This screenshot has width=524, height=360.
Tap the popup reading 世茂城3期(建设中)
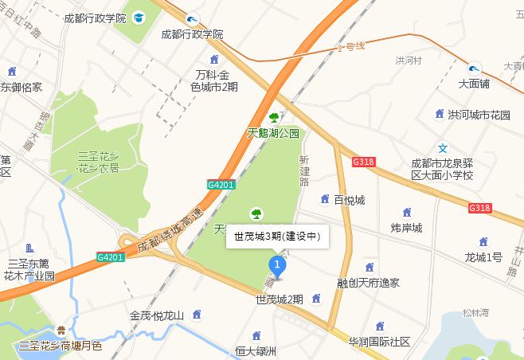[x=277, y=237]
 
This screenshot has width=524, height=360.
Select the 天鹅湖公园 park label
[x=272, y=133]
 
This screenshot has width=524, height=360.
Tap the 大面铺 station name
[x=475, y=82]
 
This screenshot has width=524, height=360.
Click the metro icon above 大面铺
[x=475, y=67]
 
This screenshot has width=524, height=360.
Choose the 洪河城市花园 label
[x=479, y=115]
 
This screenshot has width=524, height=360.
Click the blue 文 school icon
[x=444, y=148]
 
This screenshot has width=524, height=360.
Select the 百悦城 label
[x=349, y=199]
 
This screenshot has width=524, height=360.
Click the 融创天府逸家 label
[x=368, y=283]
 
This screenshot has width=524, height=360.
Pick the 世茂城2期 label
[x=279, y=299]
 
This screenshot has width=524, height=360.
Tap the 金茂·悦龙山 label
[x=157, y=315]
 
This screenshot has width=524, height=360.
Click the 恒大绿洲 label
[x=256, y=350]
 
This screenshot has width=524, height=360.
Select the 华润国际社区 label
[x=379, y=342]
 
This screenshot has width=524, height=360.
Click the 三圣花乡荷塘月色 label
[x=61, y=346]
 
